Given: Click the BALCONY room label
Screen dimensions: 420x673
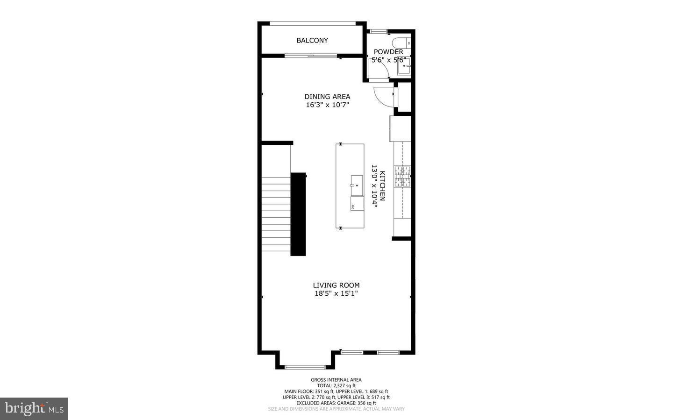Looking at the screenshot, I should pos(312,41).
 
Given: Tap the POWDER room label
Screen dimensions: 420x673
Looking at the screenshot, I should pos(388,52).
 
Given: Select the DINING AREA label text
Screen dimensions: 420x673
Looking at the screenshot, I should pos(327,97).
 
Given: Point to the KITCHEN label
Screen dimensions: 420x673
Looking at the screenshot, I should pos(382,185).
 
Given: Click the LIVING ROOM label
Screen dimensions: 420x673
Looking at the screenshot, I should pos(336,285).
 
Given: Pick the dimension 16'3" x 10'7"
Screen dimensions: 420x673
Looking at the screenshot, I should pos(327,105).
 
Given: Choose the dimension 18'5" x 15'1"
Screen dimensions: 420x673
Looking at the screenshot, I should pos(336,294).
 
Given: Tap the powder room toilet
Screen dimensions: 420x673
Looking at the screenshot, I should pos(401,42).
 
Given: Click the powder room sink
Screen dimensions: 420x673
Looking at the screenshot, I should pos(403,66).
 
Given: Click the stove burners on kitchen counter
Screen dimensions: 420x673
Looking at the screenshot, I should pos(402,177).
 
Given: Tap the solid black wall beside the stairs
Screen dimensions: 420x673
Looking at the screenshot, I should pos(298,214).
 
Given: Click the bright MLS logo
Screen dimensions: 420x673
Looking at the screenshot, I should pos(34,408).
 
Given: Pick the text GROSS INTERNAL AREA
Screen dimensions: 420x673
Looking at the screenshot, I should pos(336,380).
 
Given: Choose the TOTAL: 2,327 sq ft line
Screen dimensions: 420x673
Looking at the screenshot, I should pos(336,385).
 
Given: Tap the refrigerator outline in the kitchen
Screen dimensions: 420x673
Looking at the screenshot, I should pos(400,128).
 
